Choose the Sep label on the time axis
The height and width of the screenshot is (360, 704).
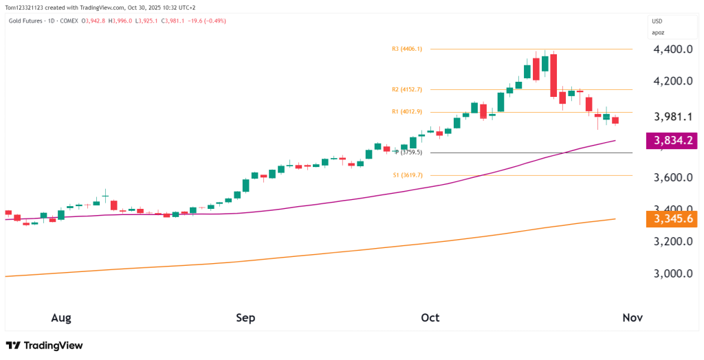[x=245, y=317]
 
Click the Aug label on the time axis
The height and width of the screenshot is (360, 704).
[x=61, y=317]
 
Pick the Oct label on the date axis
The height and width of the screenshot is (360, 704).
[x=430, y=317]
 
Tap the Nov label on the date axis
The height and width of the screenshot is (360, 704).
[x=632, y=317]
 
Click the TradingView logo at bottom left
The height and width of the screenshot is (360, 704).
[x=44, y=346]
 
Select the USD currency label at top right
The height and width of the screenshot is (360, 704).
[x=657, y=21]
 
